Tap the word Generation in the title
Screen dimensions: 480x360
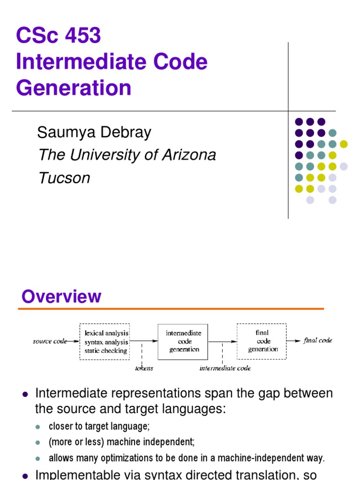pos(74,88)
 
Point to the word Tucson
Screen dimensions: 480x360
pos(64,178)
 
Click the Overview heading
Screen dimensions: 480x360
pos(61,297)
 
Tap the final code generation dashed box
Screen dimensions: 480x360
pos(262,341)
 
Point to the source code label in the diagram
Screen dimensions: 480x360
pos(50,341)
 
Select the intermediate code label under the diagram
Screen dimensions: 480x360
pos(225,368)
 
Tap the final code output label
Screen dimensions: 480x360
pos(318,341)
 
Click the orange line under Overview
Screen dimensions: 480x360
pos(171,308)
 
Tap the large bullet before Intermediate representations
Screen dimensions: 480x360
pos(25,394)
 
